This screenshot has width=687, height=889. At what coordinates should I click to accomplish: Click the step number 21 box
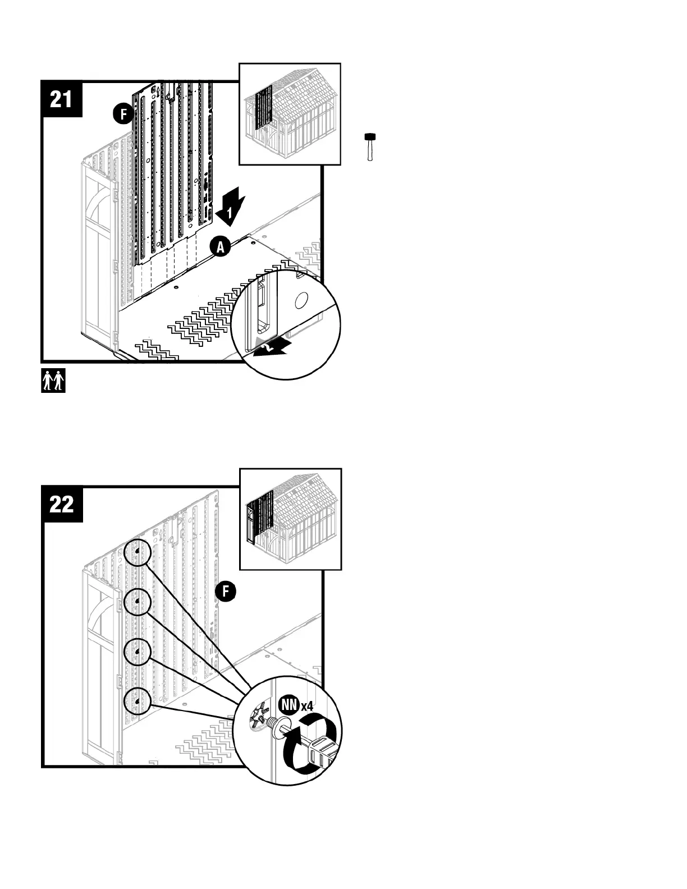point(62,100)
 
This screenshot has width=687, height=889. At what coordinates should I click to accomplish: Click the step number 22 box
point(62,505)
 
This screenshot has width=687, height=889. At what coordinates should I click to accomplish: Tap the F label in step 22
point(226,591)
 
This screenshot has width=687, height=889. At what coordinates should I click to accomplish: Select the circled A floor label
point(221,247)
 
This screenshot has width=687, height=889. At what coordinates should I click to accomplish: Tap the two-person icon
point(53,381)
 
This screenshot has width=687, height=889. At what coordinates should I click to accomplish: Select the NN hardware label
point(290,704)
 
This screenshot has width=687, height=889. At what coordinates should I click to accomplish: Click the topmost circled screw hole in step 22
point(137,553)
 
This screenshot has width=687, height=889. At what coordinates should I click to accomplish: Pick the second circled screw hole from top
point(137,603)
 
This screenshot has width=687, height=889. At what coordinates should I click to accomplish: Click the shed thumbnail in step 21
point(290,114)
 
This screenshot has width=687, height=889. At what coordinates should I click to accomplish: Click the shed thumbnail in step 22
point(290,519)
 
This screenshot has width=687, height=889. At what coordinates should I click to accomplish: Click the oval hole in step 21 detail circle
point(301,301)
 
